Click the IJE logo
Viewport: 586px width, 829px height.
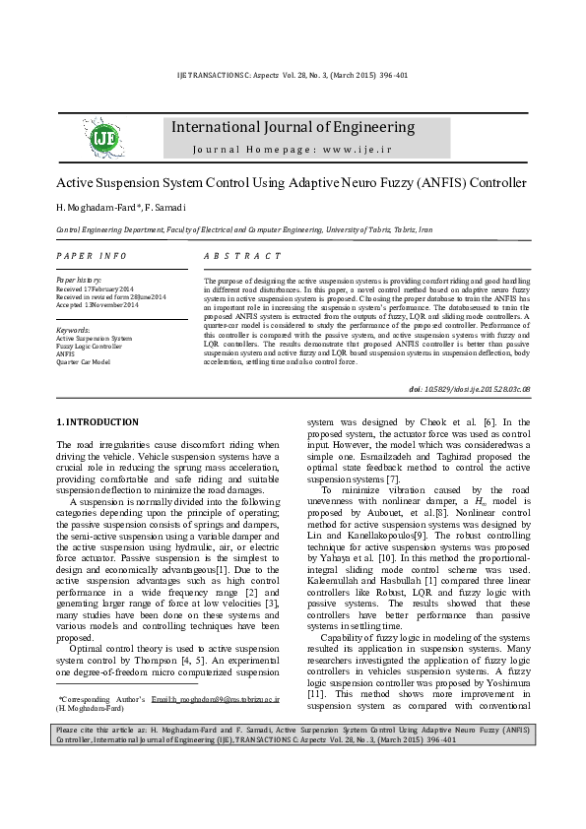coord(103,138)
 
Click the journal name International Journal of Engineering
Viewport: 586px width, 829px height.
coord(293,127)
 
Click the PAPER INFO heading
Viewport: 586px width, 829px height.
coord(92,255)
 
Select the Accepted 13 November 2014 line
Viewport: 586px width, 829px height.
coord(98,305)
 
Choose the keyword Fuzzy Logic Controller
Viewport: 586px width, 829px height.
coord(90,346)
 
